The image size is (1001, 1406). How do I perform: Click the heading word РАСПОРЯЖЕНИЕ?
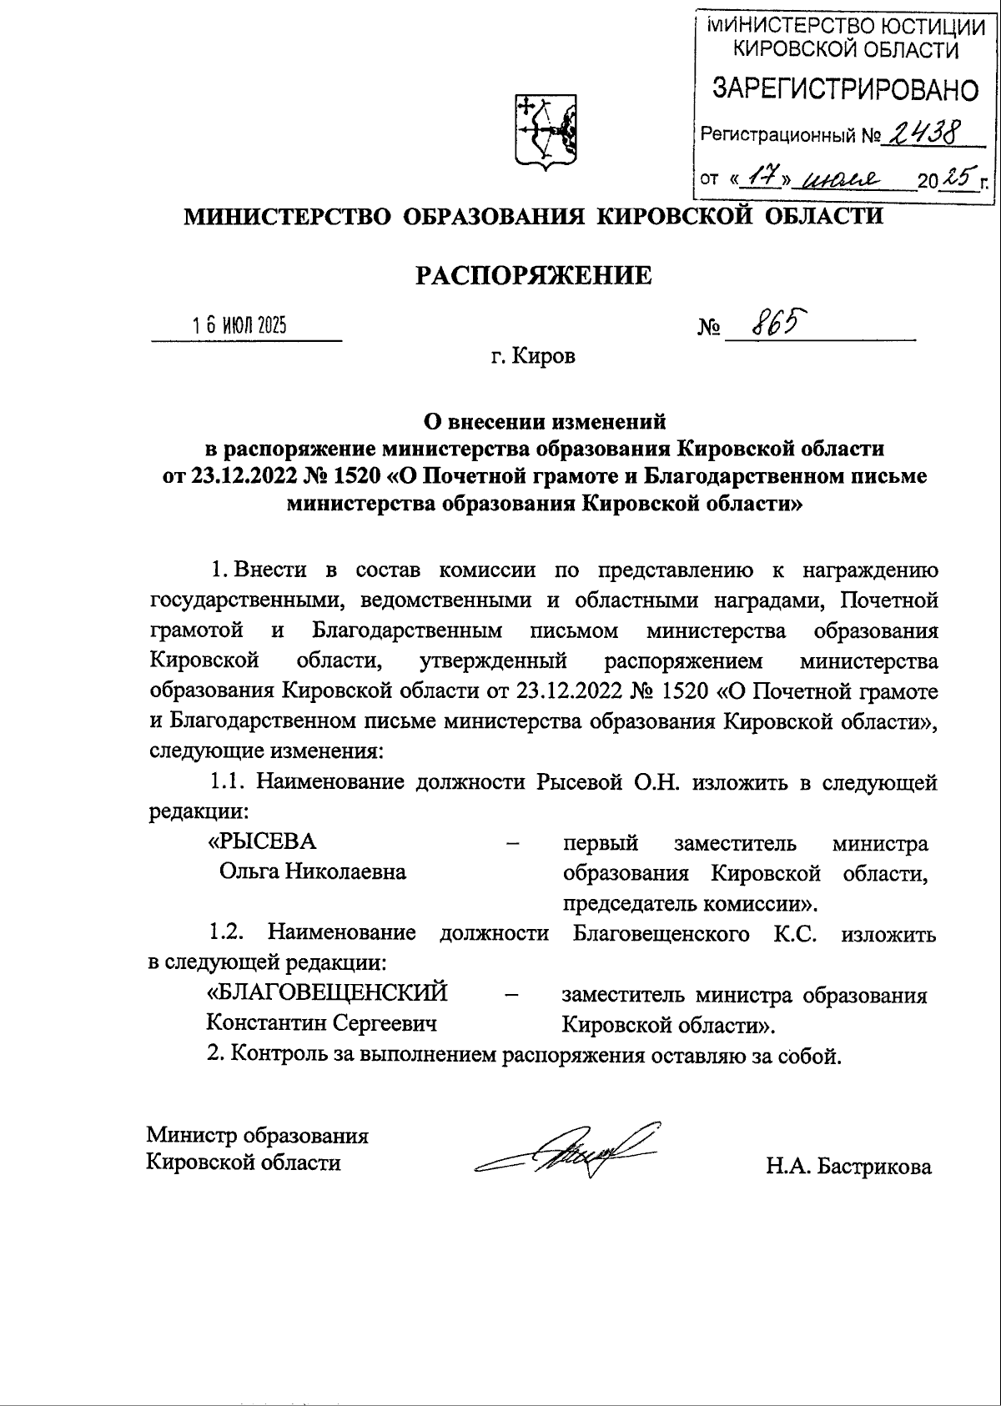[534, 275]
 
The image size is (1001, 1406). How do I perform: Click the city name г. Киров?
[532, 357]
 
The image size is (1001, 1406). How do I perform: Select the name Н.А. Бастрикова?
[848, 1167]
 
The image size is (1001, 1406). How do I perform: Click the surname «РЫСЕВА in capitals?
[262, 841]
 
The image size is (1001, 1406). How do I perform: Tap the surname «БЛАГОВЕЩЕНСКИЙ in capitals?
[327, 993]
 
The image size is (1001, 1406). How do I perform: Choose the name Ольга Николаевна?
[312, 872]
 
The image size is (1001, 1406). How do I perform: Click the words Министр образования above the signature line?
[258, 1134]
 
